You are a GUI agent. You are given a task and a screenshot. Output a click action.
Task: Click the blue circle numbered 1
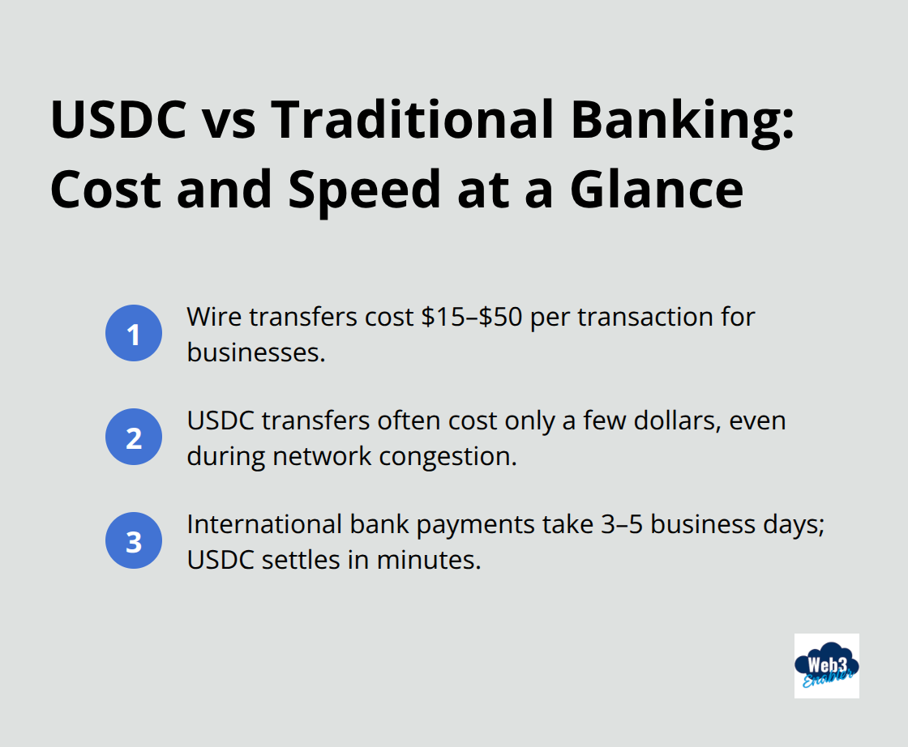click(134, 334)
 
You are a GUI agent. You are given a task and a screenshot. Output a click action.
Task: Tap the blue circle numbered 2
click(134, 438)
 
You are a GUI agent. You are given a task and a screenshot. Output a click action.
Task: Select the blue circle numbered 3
click(134, 541)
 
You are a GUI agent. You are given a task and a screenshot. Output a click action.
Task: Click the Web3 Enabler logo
click(826, 665)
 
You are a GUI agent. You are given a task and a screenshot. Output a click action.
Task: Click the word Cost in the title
click(103, 190)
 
